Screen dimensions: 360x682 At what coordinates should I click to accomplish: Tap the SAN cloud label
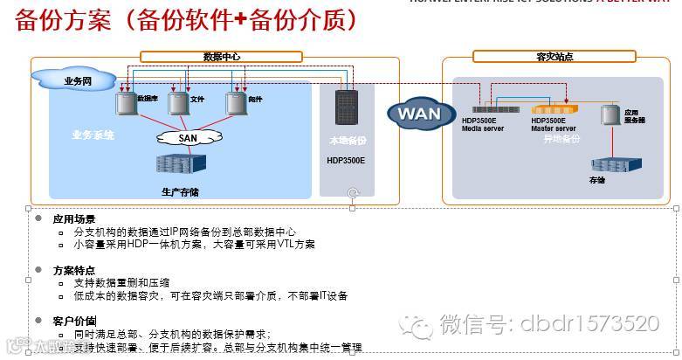point(188,137)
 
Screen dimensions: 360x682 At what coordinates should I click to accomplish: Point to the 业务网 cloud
point(77,81)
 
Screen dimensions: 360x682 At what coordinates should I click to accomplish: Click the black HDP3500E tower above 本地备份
point(346,112)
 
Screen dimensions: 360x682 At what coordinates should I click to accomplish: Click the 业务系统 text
point(93,135)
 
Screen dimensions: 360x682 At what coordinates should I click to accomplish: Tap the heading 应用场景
point(74,218)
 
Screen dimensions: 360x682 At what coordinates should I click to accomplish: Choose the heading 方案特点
point(74,270)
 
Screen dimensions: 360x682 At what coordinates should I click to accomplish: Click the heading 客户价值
point(74,321)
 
